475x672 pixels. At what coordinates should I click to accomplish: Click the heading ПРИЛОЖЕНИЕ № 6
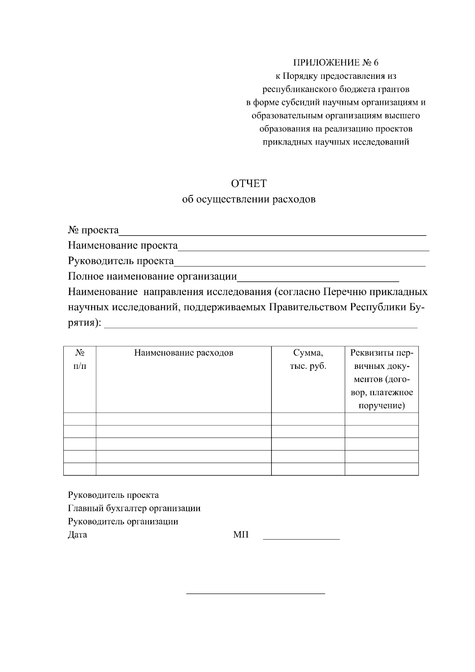tap(336, 63)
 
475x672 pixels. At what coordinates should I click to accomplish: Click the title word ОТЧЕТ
tap(249, 184)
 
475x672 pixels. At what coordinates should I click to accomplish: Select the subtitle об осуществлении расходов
tap(249, 199)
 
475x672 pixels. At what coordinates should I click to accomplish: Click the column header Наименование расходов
tap(184, 353)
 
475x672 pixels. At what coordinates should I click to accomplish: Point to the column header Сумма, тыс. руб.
tap(308, 359)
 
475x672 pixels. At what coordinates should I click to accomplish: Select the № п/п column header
tap(80, 359)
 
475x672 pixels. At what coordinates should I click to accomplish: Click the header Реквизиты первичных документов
tap(382, 379)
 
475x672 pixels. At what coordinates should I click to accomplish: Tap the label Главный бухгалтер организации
tap(134, 508)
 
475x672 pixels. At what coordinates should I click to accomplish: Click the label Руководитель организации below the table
tap(123, 521)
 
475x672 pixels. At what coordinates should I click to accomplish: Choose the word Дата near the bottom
tap(78, 535)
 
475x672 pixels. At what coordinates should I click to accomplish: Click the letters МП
tap(241, 535)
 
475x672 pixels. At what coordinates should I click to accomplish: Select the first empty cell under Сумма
tap(308, 419)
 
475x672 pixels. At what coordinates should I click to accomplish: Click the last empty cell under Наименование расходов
tap(184, 469)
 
